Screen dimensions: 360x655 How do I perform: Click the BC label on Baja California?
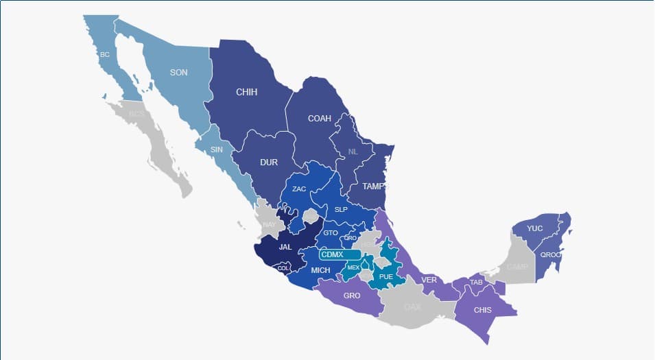coord(104,54)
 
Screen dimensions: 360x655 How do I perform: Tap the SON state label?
coord(179,72)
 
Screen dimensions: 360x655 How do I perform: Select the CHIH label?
coord(246,92)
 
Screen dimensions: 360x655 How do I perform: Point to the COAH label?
coord(319,119)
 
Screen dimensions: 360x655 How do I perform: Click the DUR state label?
coord(269,163)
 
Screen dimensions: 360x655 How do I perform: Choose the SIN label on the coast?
coord(217,149)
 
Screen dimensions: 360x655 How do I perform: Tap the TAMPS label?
coord(374,186)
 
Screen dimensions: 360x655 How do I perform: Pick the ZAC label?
coord(299,189)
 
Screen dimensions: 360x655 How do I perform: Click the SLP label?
coord(341,209)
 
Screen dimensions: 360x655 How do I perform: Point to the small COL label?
coord(283,268)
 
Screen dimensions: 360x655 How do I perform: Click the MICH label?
coord(320,270)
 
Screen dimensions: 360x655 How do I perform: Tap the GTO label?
coord(331,233)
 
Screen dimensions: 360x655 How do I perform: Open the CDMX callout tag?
coord(332,254)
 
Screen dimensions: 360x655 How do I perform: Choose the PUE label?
coord(386,277)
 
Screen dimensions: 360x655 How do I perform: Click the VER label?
coord(429,280)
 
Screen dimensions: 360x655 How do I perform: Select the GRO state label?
coord(352,296)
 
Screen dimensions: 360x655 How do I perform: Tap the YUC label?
coord(535,228)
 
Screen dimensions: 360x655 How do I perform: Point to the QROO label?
coord(550,254)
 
